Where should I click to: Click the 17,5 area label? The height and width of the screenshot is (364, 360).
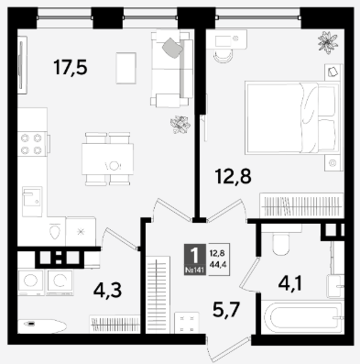coord(71,68)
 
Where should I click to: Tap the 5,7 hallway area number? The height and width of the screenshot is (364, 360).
coord(227,309)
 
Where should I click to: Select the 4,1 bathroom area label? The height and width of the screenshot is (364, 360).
coord(290,283)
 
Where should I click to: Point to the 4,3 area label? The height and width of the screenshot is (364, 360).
coord(107,290)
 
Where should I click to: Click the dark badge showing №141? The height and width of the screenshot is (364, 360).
coord(195,259)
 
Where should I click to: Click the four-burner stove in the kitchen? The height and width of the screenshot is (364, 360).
coord(32,144)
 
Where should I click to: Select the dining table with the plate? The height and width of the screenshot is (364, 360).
coord(107,159)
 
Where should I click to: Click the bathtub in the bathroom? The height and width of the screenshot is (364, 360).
coord(302,317)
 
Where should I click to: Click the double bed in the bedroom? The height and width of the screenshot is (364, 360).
coord(292,117)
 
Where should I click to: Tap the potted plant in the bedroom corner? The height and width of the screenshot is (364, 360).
coord(328,42)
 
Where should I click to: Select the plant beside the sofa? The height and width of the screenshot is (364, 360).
coord(180,125)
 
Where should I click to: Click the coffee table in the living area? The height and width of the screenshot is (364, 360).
coord(125,68)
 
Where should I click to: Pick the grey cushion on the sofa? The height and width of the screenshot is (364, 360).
coord(173,48)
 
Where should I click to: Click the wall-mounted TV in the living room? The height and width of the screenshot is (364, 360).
coord(22,65)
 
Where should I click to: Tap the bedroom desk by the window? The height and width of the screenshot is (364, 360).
coord(227,39)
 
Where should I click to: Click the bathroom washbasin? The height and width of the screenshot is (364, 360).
coord(335,286)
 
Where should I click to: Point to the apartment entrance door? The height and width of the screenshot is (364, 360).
coord(229,348)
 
